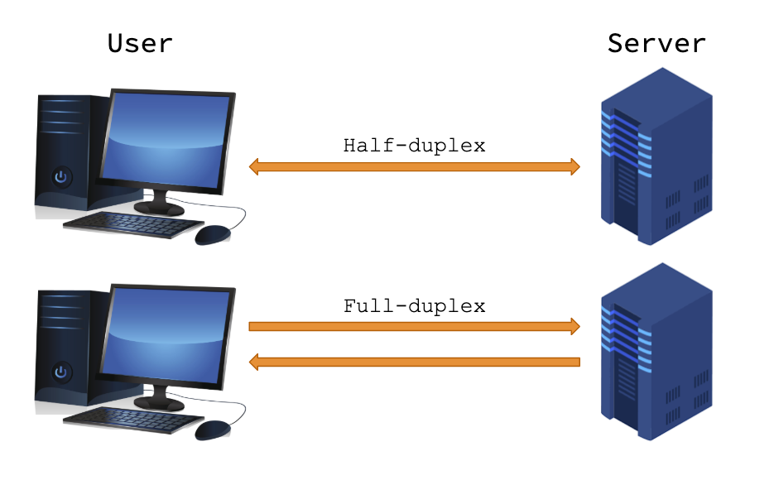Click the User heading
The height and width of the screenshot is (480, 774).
pos(140,43)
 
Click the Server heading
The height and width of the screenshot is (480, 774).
pos(656,43)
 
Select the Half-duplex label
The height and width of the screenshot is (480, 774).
pos(414,146)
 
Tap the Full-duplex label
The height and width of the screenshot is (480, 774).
pos(414,306)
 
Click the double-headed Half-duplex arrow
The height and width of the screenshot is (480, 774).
pos(414,167)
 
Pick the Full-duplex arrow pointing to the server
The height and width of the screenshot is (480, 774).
pos(414,326)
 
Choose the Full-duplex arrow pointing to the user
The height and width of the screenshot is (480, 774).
pos(414,362)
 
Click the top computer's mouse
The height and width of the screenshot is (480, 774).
pos(213,235)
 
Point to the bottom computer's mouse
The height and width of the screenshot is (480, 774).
pos(213,430)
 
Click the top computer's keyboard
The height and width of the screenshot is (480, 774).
pos(132,224)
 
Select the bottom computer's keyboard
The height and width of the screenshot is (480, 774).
pos(132,418)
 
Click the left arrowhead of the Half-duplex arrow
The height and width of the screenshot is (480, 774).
pos(256,167)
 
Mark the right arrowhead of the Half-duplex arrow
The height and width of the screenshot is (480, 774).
pos(573,167)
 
